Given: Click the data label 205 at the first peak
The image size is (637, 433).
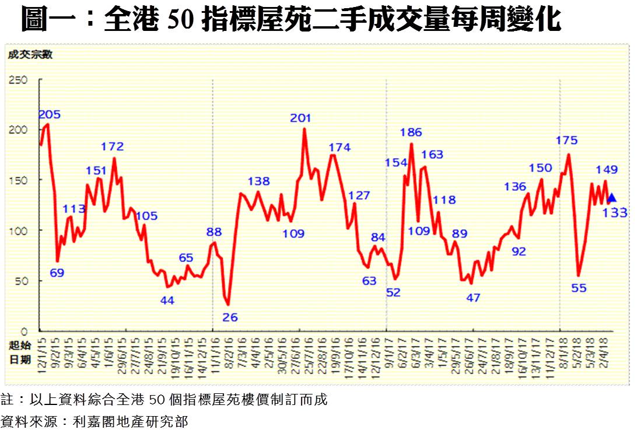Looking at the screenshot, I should coord(50,114).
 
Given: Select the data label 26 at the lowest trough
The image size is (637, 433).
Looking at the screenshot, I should coord(231,317).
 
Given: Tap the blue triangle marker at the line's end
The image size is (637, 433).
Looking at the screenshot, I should coord(611,198).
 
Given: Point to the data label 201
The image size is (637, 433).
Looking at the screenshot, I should coord(301,118).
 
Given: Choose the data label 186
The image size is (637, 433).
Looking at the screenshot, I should coord(411,132).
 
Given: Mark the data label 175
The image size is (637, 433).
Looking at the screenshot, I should coord(566,140).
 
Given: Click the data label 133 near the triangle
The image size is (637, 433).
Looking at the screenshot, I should coord(615,214).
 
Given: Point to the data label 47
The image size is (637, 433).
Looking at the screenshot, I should coord(473,298).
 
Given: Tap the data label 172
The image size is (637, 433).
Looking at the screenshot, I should coord(112,146).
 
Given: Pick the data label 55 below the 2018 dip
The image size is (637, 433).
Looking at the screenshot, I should coord(579,288).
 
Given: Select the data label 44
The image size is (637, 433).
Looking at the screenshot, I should coord(167,301).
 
